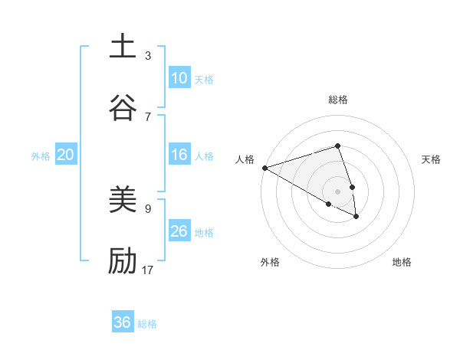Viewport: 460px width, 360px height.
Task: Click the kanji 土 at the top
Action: tap(123, 46)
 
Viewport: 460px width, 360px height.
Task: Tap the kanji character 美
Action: tap(123, 200)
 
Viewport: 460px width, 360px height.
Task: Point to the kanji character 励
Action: tap(123, 261)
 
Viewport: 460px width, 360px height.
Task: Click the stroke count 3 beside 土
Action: tap(148, 55)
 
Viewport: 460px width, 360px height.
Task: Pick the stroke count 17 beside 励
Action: tap(149, 270)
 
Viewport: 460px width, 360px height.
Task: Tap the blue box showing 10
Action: tap(179, 78)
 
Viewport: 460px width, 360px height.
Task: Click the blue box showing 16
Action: tap(179, 155)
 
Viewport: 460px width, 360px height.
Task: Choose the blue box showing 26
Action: tap(179, 231)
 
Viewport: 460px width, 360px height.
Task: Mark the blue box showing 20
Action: tap(65, 155)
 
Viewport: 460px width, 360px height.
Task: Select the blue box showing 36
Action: tap(123, 322)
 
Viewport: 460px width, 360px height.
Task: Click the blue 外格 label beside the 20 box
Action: tap(41, 156)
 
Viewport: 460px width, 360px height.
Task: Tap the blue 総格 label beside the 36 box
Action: tap(147, 324)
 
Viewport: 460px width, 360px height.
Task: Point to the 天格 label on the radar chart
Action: tap(432, 159)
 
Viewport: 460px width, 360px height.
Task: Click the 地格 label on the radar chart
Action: tap(402, 262)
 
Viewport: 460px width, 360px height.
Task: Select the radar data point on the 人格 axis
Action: tap(264, 168)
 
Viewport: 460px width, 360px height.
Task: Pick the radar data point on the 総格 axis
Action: tap(337, 146)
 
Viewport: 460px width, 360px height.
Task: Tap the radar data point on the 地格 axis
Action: tap(356, 217)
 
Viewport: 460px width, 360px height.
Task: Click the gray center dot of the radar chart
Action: tap(337, 191)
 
